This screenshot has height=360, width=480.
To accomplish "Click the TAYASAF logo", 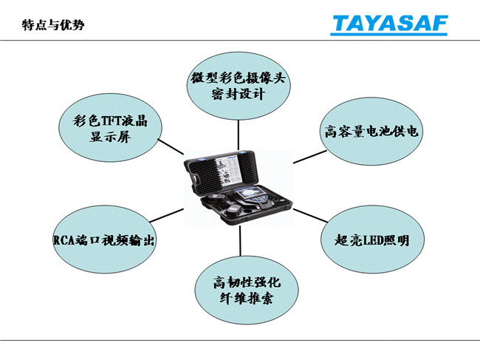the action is click(x=389, y=24).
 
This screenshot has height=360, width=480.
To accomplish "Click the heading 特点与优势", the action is click(x=53, y=24).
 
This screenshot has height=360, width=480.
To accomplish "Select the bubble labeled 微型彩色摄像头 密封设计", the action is click(x=239, y=86).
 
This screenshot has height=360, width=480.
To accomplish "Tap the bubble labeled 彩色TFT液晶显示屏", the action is click(x=110, y=127).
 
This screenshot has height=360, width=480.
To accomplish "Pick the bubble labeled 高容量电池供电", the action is click(x=371, y=131).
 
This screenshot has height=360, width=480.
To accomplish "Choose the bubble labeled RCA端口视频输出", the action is click(x=104, y=240).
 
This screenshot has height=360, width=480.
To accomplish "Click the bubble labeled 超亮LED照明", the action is click(x=372, y=240).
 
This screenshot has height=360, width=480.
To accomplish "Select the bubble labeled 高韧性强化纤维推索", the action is click(x=247, y=290).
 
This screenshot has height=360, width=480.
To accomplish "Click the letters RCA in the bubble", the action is click(x=64, y=240).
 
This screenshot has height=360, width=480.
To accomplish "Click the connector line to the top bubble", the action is click(x=239, y=135).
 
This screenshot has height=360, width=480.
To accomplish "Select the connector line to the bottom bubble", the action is click(x=240, y=241).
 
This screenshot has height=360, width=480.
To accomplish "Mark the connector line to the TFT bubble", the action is click(x=171, y=147).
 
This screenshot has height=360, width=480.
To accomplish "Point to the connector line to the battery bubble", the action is click(x=310, y=157).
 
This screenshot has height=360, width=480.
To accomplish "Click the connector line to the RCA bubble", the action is click(x=167, y=215).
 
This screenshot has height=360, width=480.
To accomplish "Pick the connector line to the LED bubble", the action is click(x=310, y=215).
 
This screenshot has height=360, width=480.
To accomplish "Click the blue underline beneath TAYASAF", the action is click(x=388, y=34).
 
